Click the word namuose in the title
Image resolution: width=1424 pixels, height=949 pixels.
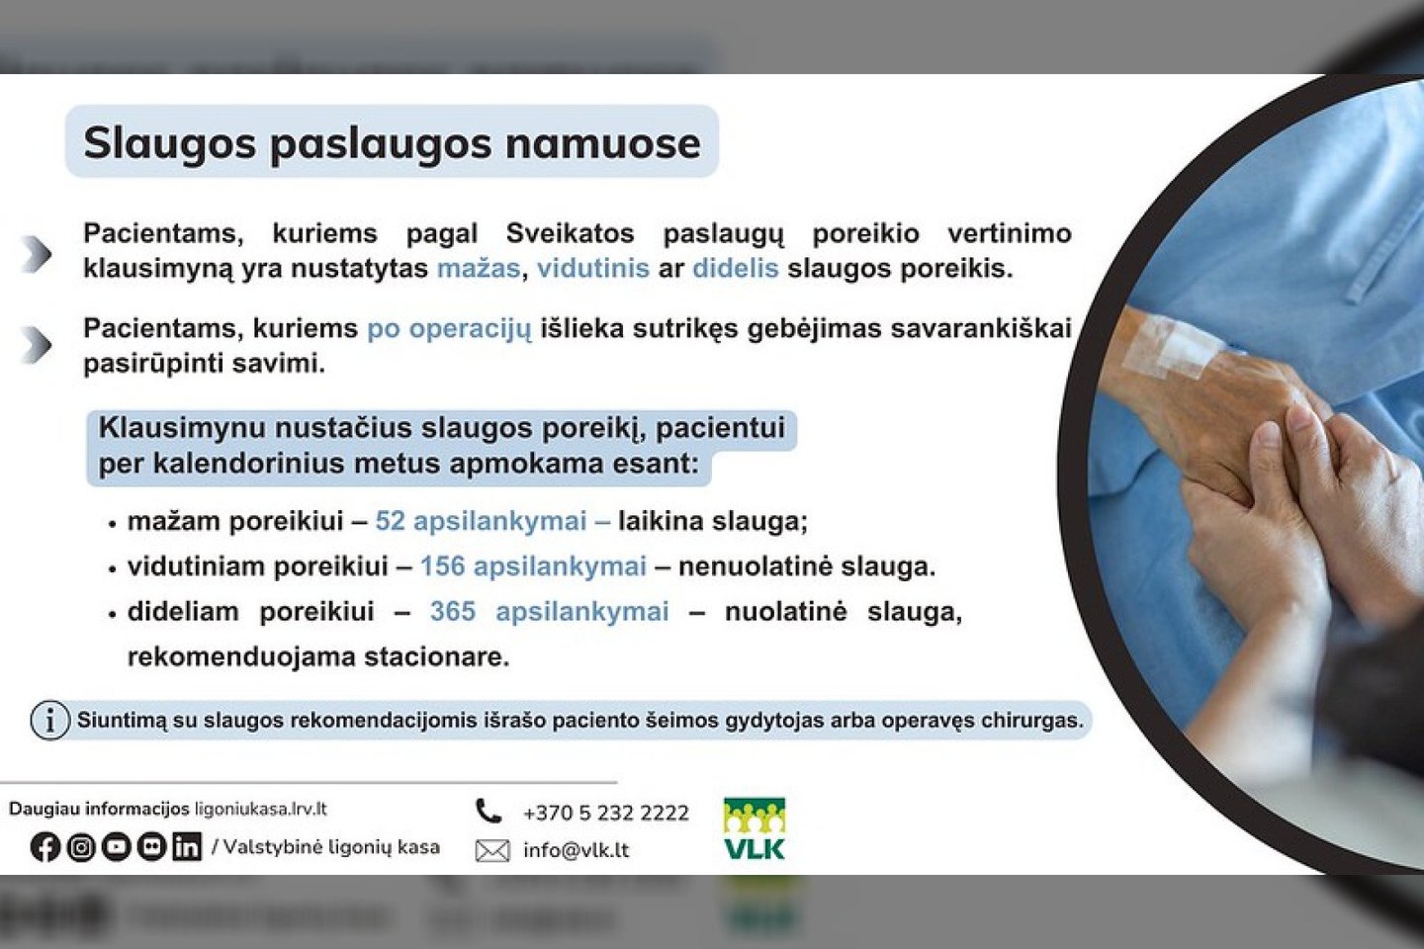602,142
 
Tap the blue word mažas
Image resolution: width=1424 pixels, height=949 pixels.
479,268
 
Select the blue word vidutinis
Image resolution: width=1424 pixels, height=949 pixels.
593,268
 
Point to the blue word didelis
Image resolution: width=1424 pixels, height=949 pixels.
736,268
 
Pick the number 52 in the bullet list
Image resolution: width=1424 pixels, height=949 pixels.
391,521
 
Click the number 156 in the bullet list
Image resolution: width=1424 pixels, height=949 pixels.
443,565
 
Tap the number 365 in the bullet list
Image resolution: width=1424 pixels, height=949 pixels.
453,612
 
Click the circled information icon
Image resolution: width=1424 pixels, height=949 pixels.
50,721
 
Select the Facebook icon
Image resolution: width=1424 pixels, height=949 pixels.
45,847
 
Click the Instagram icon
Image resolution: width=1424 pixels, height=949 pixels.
81,847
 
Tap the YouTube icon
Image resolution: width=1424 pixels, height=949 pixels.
117,847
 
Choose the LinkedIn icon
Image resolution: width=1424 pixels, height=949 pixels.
187,847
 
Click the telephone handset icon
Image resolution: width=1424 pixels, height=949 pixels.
489,812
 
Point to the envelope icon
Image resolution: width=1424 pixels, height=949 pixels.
492,851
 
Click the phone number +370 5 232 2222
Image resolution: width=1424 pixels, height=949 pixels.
606,813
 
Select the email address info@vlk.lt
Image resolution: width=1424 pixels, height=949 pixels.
576,850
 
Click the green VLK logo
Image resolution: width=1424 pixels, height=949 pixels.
755,828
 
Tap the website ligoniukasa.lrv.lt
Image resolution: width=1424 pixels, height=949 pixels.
261,810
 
